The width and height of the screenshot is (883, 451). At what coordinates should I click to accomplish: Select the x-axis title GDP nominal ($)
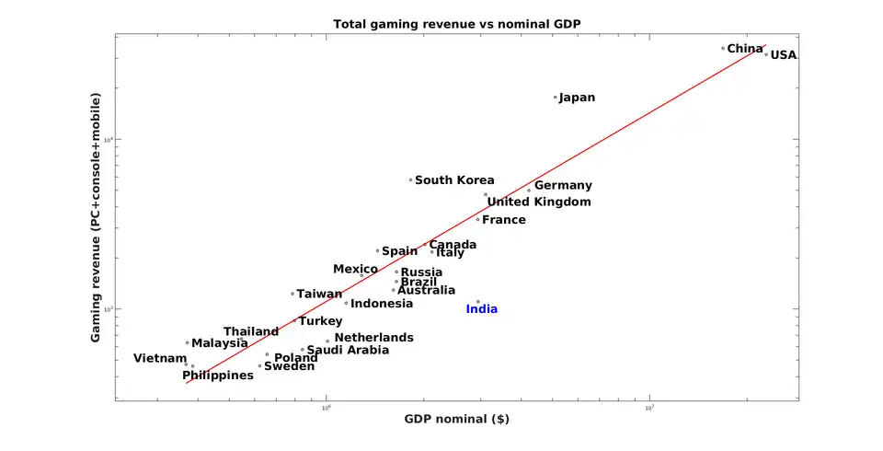click(x=456, y=419)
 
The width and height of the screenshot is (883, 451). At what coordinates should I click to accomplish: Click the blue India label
click(x=481, y=309)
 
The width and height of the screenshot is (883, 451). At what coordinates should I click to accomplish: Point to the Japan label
click(x=577, y=98)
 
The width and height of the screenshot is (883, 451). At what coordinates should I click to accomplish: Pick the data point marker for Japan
click(x=556, y=97)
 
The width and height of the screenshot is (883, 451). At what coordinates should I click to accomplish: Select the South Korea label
click(x=454, y=180)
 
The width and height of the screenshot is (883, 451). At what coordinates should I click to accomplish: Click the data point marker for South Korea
click(x=411, y=180)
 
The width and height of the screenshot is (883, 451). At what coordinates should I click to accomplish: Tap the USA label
click(x=784, y=55)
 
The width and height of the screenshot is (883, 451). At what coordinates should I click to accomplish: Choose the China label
click(x=745, y=49)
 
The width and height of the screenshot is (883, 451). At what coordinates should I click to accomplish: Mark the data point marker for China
click(x=723, y=48)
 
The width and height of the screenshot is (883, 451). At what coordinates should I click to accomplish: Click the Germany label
click(x=563, y=186)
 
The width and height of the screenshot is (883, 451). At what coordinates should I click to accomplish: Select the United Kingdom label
click(x=539, y=202)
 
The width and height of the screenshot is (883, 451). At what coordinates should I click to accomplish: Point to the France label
click(x=504, y=220)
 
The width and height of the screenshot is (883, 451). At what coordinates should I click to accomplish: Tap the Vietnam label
click(x=160, y=359)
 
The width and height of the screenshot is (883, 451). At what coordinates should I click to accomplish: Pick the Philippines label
click(x=218, y=376)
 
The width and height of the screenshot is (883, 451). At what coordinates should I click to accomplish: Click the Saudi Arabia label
click(x=348, y=350)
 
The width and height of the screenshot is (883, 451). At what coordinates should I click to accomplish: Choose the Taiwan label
click(x=319, y=295)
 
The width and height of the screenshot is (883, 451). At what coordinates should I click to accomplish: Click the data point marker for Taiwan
click(x=292, y=294)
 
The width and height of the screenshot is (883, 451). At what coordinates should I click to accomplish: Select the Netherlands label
click(x=373, y=338)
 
